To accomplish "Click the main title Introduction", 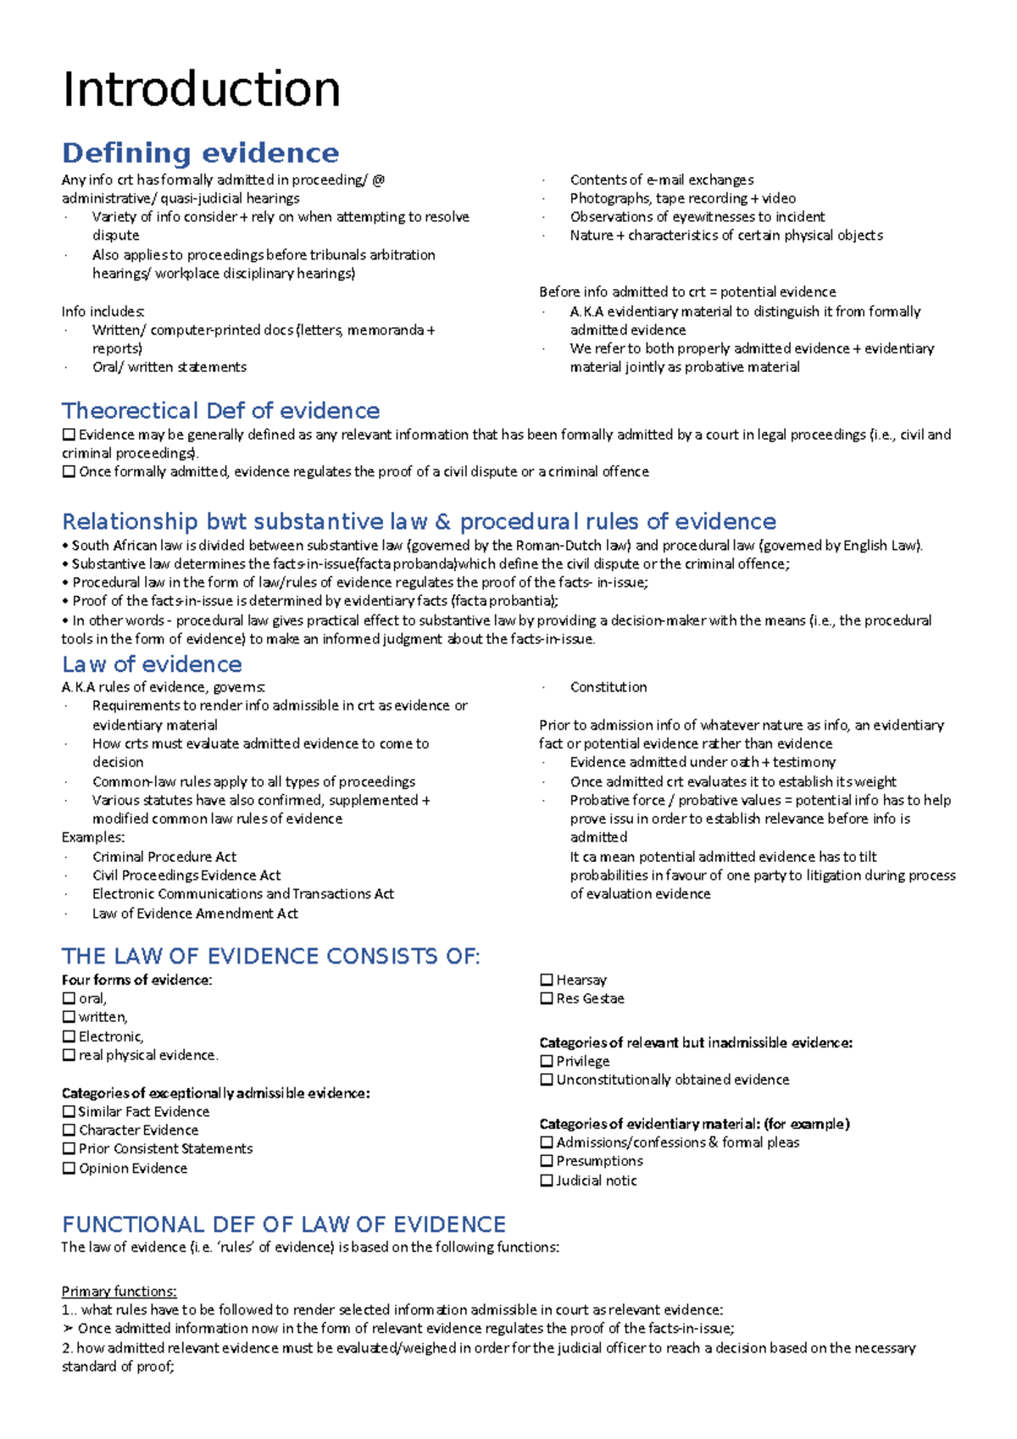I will tap(202, 89).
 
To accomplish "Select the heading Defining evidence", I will tap(200, 153).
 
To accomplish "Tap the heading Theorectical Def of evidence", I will tap(220, 411).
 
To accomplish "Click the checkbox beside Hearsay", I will tap(547, 980).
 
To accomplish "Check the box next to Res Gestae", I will tap(547, 998).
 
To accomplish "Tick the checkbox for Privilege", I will tap(547, 1061).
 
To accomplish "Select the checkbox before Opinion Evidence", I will tap(69, 1168).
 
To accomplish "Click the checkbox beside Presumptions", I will tap(547, 1161).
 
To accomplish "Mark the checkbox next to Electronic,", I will tap(69, 1036).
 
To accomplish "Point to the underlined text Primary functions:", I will tap(119, 1292).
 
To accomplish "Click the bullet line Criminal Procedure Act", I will tap(164, 857).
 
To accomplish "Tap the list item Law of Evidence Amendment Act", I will tap(195, 914).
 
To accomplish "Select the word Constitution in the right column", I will tap(609, 687).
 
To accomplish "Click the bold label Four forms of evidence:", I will tap(136, 980).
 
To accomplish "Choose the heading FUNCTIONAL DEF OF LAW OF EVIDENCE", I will tap(284, 1225).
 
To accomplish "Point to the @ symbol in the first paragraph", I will tap(378, 180).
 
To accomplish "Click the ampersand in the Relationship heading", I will tap(442, 522).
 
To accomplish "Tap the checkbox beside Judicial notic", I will tap(547, 1181).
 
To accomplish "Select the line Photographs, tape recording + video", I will tap(682, 198).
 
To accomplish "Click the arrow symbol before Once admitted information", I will tap(68, 1329).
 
